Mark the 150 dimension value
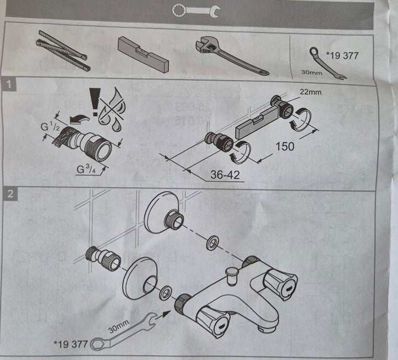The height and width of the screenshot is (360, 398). [285, 147]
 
